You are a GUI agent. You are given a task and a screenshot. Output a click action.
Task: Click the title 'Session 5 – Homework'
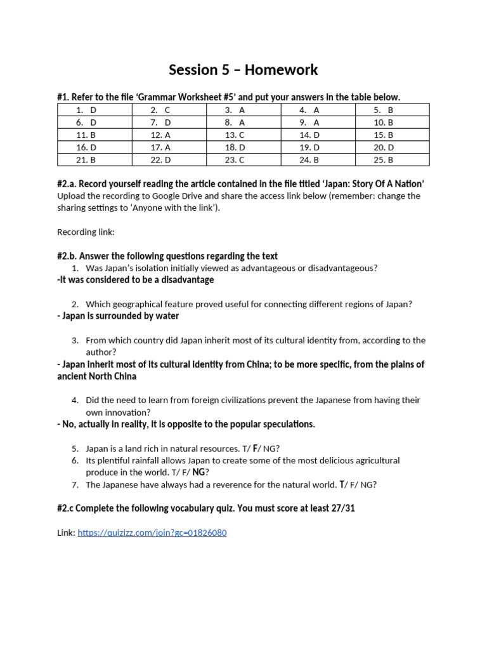pos(243,70)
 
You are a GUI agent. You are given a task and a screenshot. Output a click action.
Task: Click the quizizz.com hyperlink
pos(152,533)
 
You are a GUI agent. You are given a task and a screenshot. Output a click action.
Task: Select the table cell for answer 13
pos(243,135)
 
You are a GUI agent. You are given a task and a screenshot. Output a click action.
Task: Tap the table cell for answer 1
pos(94,110)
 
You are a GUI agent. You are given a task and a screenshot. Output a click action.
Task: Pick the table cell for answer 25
pos(392,160)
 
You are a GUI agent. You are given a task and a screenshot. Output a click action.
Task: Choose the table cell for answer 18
pos(243,147)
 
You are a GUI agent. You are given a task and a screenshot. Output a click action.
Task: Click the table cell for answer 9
pos(318,122)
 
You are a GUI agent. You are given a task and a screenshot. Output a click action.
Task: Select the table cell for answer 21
pos(94,160)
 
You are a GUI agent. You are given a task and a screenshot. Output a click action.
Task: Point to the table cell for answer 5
pos(392,110)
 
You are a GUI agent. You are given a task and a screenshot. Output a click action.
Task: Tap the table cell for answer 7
pos(169,122)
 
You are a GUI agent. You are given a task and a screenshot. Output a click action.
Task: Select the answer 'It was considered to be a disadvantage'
pos(137,280)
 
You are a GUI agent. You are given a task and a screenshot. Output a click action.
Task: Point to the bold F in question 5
pos(256,448)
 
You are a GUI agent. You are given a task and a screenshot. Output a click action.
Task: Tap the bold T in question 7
pos(342,484)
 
